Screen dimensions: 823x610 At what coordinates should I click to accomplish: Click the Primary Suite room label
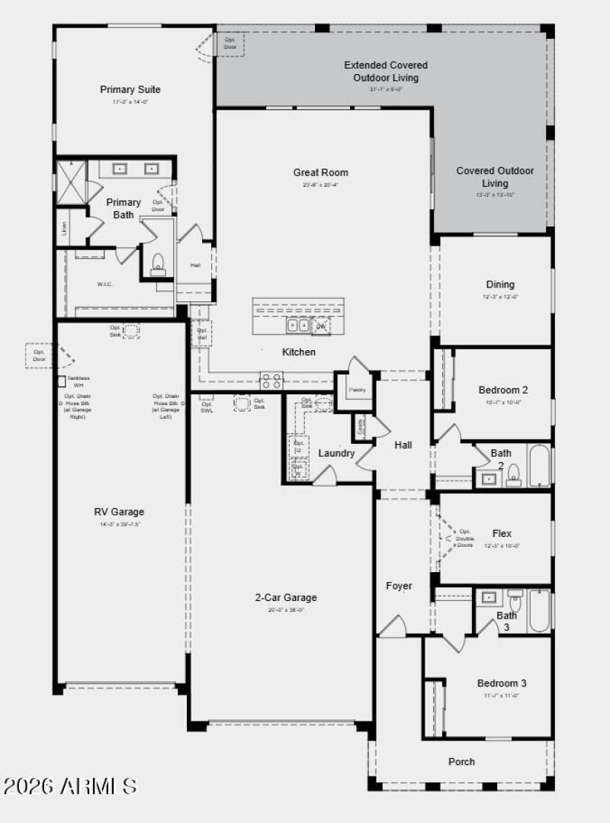click(x=130, y=90)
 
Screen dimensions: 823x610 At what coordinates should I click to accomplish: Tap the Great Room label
click(x=320, y=172)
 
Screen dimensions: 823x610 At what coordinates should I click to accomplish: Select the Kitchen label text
click(x=299, y=352)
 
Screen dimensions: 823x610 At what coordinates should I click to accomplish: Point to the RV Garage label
click(x=119, y=512)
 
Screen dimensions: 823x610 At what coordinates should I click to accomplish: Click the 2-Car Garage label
click(x=286, y=597)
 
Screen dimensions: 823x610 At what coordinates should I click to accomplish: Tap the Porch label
click(x=461, y=761)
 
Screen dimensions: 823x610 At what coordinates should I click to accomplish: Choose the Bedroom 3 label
click(x=502, y=683)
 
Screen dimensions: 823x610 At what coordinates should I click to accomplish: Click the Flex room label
click(x=502, y=534)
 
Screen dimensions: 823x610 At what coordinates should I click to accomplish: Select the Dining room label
click(x=500, y=285)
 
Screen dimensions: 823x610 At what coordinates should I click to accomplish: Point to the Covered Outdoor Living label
click(x=495, y=177)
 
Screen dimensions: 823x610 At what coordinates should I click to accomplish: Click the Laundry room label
click(x=336, y=453)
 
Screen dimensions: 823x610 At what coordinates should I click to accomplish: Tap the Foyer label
click(x=399, y=586)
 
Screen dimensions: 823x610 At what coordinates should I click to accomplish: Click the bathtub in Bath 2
click(x=538, y=465)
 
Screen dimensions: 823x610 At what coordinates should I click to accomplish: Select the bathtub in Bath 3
click(x=539, y=610)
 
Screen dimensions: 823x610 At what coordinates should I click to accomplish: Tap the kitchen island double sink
click(x=297, y=326)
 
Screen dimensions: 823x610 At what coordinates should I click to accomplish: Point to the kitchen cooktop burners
click(x=271, y=380)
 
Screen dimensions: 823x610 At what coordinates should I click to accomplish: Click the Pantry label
click(x=358, y=390)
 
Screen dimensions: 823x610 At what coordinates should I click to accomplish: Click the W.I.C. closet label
click(x=104, y=284)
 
